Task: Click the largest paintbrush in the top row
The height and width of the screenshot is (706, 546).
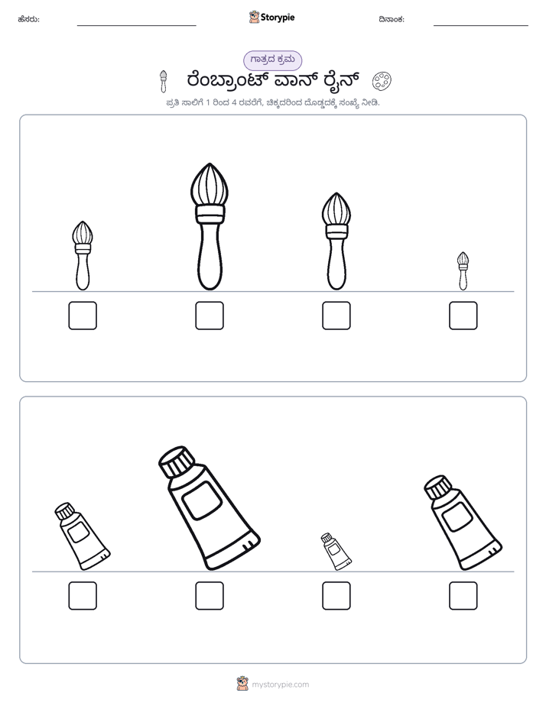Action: coord(210,226)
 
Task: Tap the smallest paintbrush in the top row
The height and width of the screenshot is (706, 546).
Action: coord(463,271)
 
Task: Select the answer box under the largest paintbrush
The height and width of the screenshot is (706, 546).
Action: coord(210,316)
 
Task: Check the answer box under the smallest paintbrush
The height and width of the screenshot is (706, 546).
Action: coord(463,316)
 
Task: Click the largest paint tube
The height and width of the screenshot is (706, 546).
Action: coord(210,508)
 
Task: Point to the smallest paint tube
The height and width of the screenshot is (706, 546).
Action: coord(336,552)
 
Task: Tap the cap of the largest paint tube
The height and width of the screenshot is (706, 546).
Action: coord(177,462)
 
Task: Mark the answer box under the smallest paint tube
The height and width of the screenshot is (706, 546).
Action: coord(336,596)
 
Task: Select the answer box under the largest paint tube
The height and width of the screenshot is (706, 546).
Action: coord(210,596)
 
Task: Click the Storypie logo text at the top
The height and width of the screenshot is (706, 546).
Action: coord(278,18)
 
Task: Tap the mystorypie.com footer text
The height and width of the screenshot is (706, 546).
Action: coord(280,685)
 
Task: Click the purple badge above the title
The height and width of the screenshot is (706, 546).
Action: coord(272,60)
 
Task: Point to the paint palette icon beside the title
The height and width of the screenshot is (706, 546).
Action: coord(382,81)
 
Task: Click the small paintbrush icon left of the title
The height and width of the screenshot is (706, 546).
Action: coord(163,81)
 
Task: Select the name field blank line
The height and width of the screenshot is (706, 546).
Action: coord(136,25)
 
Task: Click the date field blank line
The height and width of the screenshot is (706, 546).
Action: coord(481,25)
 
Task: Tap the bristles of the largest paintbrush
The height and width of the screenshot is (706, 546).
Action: coord(210,185)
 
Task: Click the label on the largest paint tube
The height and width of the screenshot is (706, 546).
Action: coord(203,500)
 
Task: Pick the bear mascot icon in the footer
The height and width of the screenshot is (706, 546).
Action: coord(242,684)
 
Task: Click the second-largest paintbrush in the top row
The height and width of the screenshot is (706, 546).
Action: coord(336,241)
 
